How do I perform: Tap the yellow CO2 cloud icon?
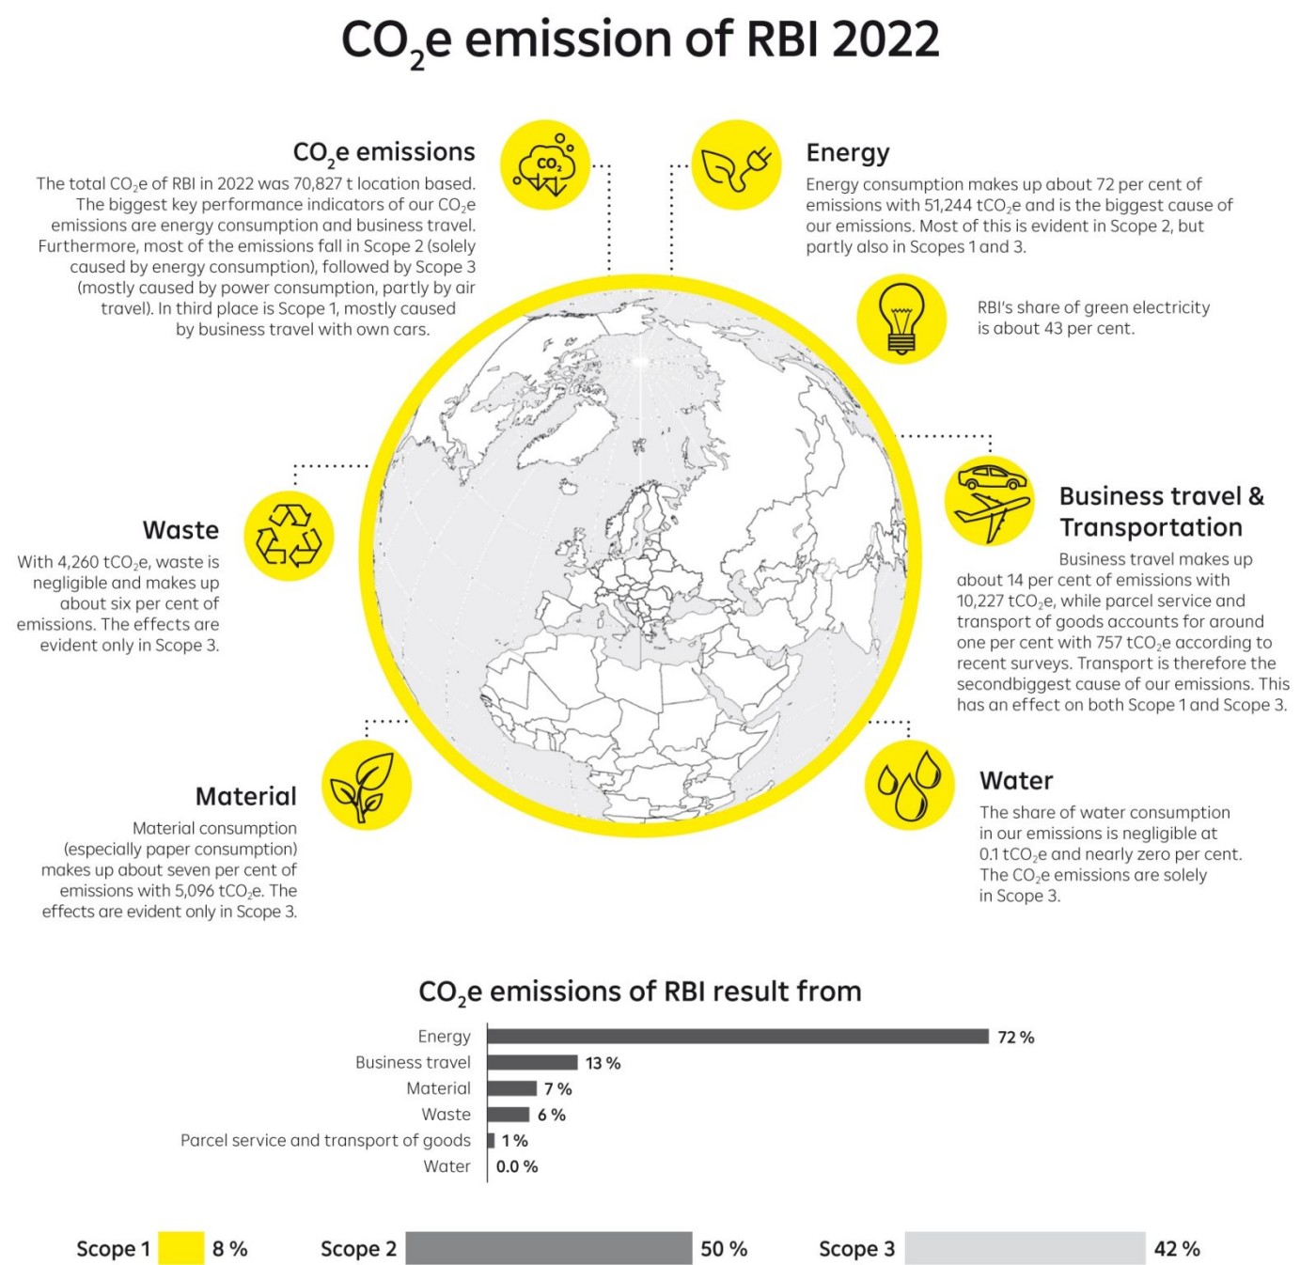point(545,165)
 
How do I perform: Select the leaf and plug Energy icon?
point(737,165)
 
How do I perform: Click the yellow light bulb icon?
point(901,319)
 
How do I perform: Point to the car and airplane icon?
point(989,501)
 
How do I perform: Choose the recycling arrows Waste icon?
point(289,536)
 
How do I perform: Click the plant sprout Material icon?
point(366,786)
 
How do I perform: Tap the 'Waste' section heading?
point(180,530)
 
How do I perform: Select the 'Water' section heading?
point(1016,781)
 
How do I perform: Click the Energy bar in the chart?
point(738,1037)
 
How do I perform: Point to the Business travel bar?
point(532,1063)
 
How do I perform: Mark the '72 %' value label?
point(1015,1038)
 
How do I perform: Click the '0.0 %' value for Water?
point(517,1166)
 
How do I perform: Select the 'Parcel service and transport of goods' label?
point(325,1140)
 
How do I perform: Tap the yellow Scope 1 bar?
point(180,1248)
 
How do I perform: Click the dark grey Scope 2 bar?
point(549,1248)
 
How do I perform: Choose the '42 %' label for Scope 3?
point(1177,1249)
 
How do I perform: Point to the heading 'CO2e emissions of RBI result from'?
point(639,992)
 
